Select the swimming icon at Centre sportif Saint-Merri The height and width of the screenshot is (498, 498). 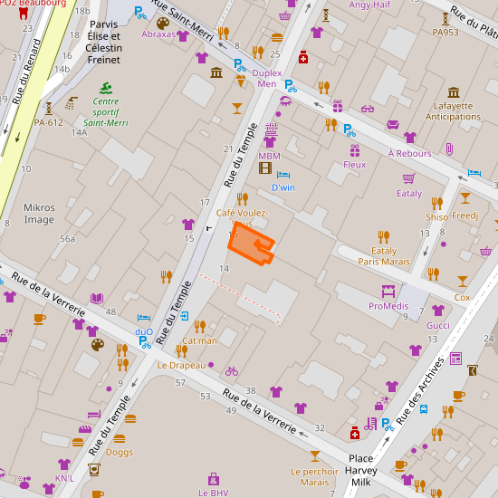click(106, 87)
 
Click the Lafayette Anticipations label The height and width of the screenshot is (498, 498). click(453, 110)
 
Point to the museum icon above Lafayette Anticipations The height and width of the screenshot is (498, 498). click(454, 91)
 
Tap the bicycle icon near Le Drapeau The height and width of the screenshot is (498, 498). click(232, 371)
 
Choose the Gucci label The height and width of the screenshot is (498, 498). click(438, 325)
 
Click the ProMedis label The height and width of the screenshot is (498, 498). click(388, 306)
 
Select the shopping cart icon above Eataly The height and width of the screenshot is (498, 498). click(408, 178)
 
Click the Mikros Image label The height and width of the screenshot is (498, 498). click(40, 213)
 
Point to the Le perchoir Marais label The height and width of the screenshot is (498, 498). click(314, 476)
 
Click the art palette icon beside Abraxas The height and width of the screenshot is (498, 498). click(162, 23)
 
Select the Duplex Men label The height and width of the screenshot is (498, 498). click(267, 78)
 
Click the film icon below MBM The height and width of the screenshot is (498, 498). click(265, 168)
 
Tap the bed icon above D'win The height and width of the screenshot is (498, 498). click(283, 175)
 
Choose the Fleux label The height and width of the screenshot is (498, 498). click(354, 165)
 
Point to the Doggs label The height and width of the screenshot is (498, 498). click(119, 452)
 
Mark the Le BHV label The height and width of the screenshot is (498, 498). click(214, 493)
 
